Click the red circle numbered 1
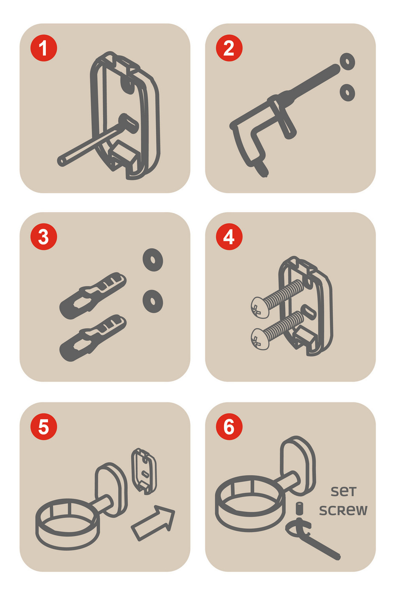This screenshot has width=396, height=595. click(x=44, y=48)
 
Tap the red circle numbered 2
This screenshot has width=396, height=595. click(x=229, y=48)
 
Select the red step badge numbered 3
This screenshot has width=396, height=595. click(x=44, y=237)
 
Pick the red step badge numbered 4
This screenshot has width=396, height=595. click(x=229, y=237)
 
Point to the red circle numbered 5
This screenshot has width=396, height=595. click(x=44, y=427)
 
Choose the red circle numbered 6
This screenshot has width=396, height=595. click(x=229, y=427)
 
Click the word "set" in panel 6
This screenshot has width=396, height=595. click(x=343, y=492)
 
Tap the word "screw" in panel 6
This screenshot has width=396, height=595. click(x=343, y=510)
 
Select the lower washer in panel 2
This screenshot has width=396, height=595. click(x=347, y=93)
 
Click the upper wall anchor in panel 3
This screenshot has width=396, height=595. click(x=93, y=295)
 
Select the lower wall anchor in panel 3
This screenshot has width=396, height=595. click(x=93, y=338)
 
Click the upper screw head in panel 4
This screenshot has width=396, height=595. click(x=260, y=307)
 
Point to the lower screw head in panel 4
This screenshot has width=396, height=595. click(x=260, y=339)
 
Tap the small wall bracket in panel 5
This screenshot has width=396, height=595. click(x=144, y=471)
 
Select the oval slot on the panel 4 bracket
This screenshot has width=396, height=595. click(x=309, y=312)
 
